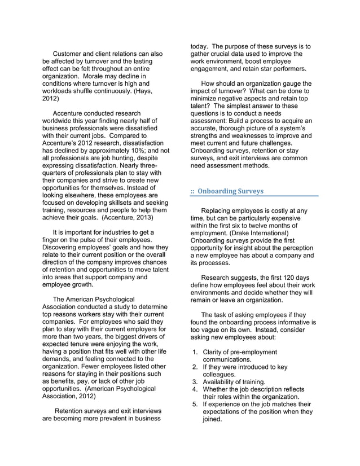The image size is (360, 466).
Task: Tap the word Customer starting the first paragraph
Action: [70, 54]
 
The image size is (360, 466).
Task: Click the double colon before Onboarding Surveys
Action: [192, 191]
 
